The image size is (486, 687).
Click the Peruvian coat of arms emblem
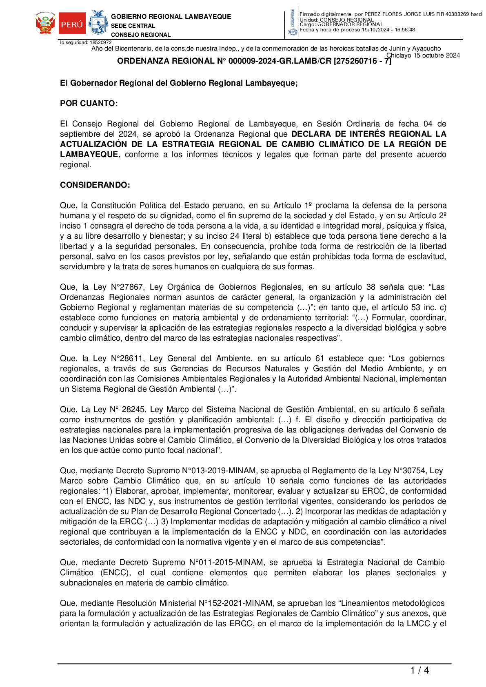(x=46, y=23)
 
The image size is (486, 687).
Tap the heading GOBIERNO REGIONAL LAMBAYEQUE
(x=171, y=17)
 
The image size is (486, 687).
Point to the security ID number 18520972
(x=100, y=42)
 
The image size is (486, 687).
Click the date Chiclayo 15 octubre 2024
(x=423, y=55)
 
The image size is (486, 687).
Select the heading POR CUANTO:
(x=89, y=104)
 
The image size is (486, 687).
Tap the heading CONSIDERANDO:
(x=95, y=185)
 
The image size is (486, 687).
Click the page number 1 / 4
(x=419, y=670)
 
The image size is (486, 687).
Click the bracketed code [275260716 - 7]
(x=362, y=61)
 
